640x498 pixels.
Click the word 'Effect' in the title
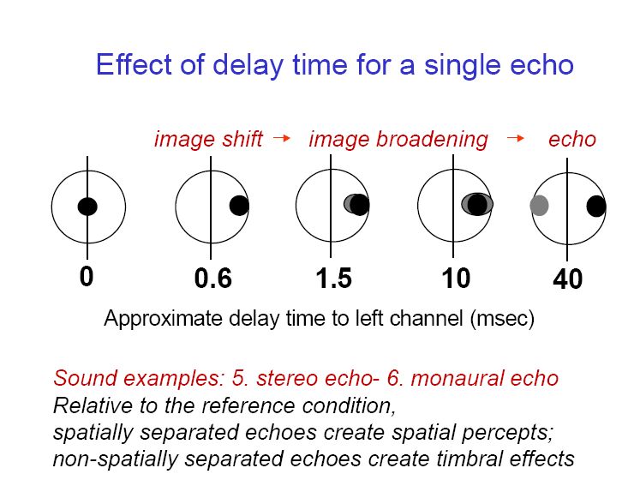pyautogui.click(x=134, y=64)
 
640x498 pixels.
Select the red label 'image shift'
pyautogui.click(x=208, y=139)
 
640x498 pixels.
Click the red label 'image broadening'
pyautogui.click(x=398, y=139)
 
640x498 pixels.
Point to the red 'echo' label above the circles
pyautogui.click(x=571, y=139)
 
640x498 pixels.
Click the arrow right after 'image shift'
pyautogui.click(x=282, y=138)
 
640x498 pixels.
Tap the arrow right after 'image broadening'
pyautogui.click(x=515, y=138)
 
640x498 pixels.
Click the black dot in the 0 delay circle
pyautogui.click(x=87, y=207)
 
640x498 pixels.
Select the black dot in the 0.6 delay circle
pyautogui.click(x=239, y=206)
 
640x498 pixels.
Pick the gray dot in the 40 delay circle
pyautogui.click(x=539, y=206)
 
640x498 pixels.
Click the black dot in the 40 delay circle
pyautogui.click(x=596, y=206)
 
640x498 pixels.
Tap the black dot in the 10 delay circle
pyautogui.click(x=477, y=204)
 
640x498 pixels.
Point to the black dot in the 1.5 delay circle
pyautogui.click(x=360, y=205)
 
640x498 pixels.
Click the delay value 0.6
pyautogui.click(x=213, y=279)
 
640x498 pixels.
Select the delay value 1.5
pyautogui.click(x=334, y=279)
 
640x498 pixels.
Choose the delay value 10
pyautogui.click(x=456, y=279)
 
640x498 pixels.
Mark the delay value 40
pyautogui.click(x=567, y=279)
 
